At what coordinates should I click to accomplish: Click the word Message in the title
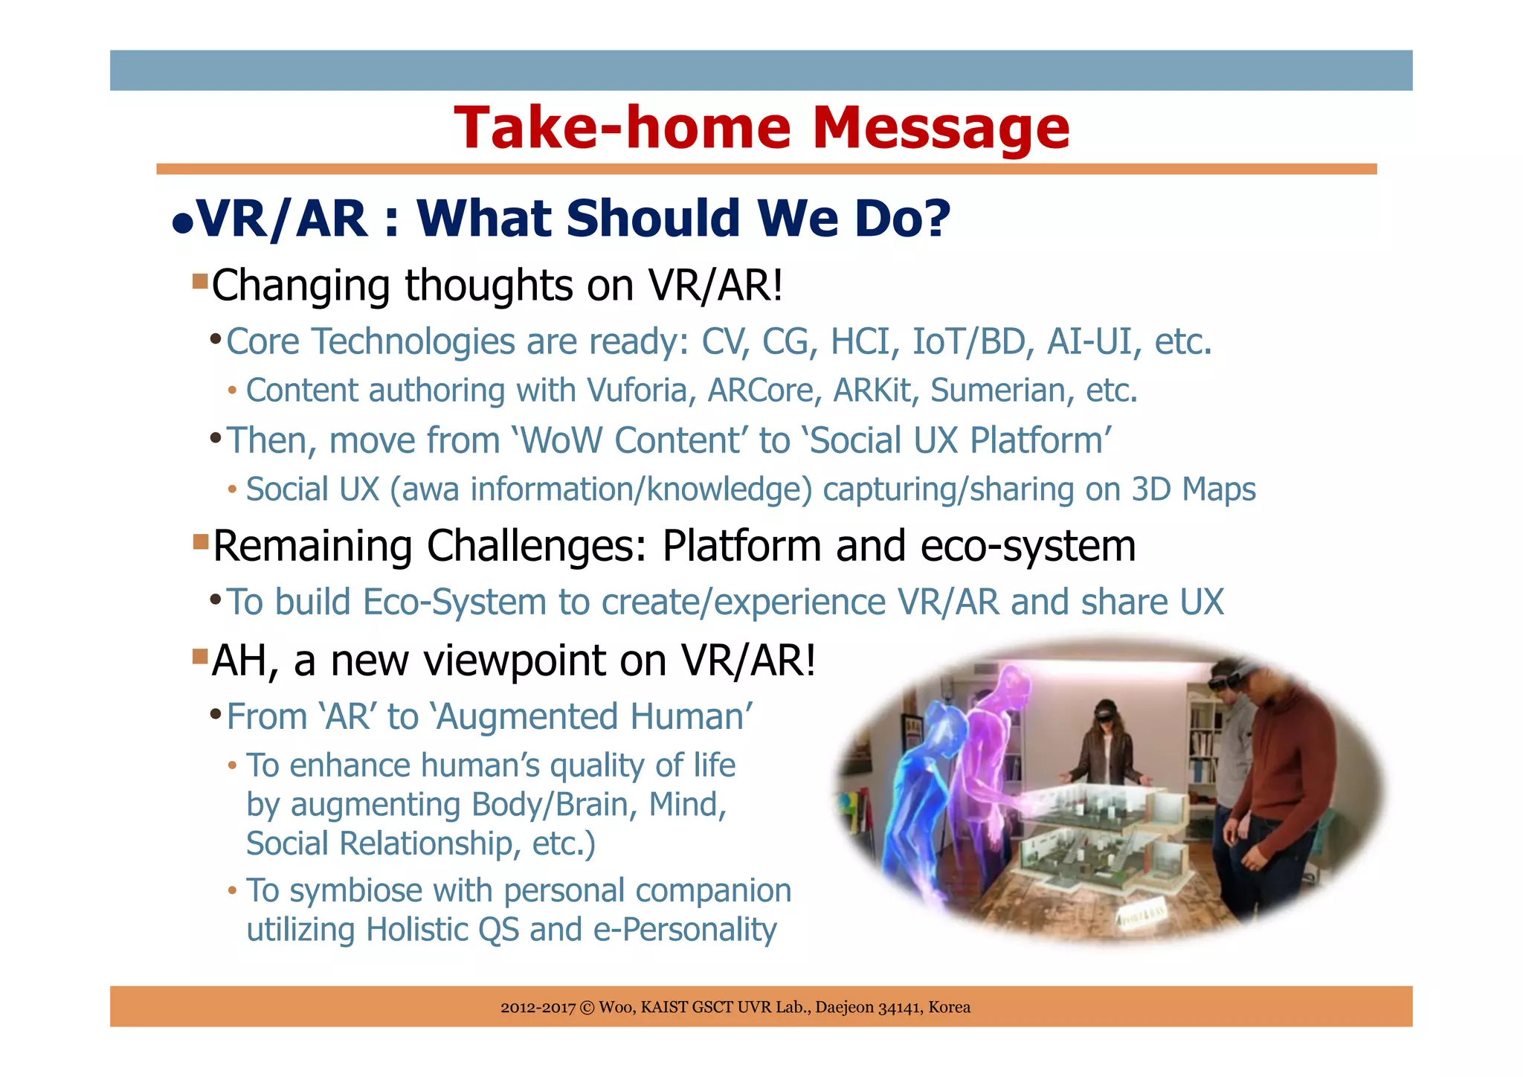click(941, 128)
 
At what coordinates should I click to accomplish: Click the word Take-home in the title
click(622, 128)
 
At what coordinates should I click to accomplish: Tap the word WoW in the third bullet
click(561, 440)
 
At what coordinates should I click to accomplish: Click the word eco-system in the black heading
click(1028, 546)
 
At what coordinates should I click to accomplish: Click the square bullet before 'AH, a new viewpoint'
click(200, 657)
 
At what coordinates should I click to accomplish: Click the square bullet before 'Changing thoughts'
click(200, 282)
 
